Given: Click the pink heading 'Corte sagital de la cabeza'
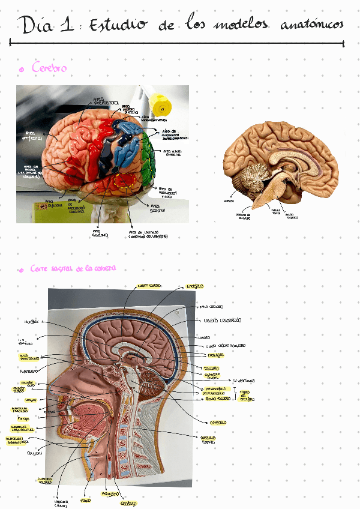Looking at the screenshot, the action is tap(74, 270).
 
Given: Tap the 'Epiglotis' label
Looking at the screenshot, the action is tap(34, 453).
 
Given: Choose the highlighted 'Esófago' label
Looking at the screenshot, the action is tap(128, 502).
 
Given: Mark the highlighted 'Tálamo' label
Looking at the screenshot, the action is tap(211, 368).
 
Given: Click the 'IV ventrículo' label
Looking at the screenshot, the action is tap(243, 381).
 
